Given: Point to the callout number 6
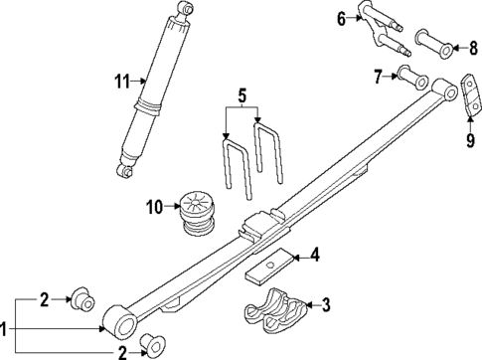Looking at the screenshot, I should tap(341, 19).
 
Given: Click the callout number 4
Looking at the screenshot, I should tap(314, 257).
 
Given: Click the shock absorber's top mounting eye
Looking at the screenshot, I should tap(184, 9).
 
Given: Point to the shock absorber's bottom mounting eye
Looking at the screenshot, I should tap(125, 171).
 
